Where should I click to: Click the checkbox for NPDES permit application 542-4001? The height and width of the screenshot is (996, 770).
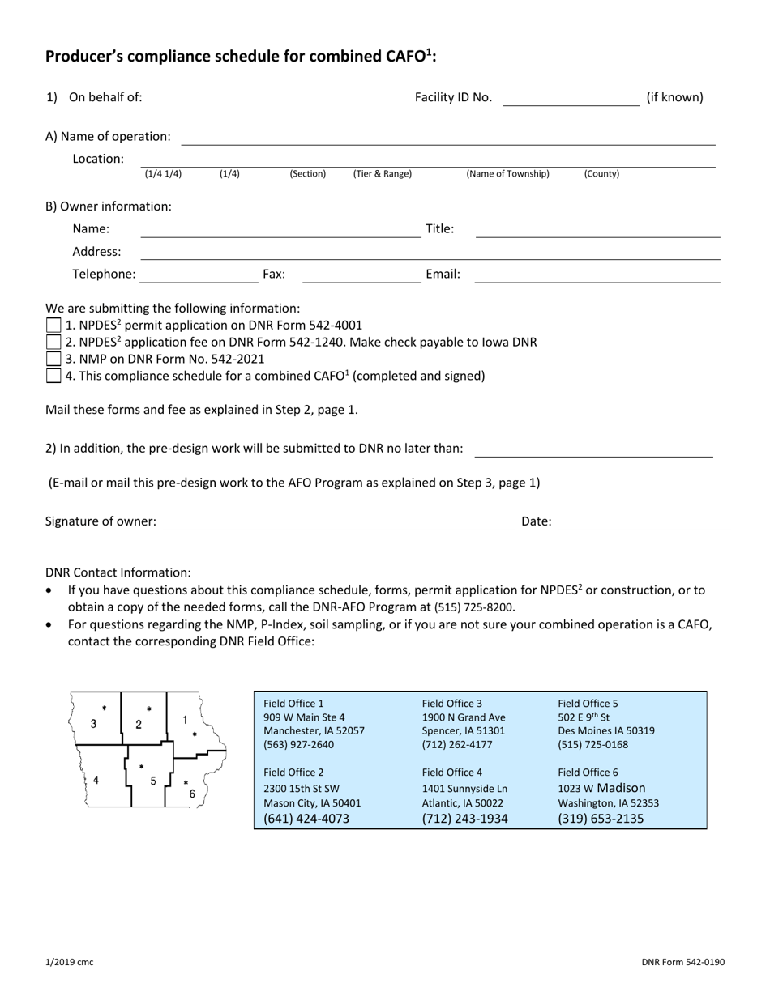tap(53, 326)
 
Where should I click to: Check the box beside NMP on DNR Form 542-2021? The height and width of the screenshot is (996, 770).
tap(53, 359)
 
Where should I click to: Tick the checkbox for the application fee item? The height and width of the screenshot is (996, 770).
tap(53, 343)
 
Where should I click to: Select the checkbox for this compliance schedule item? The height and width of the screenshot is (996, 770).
tap(53, 376)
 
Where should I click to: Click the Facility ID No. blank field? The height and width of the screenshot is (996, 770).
tap(571, 98)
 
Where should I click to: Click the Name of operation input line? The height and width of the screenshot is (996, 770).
tap(447, 138)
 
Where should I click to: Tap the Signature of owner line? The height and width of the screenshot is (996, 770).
tap(339, 522)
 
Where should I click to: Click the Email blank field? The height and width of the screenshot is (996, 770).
tap(597, 275)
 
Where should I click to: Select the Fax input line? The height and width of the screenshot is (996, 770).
tap(361, 275)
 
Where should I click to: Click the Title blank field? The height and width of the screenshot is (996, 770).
tap(597, 229)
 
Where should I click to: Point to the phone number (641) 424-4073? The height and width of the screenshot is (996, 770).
tap(306, 819)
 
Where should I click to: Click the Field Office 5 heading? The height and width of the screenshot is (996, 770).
tap(588, 704)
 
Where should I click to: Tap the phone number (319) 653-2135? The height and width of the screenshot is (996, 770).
tap(601, 819)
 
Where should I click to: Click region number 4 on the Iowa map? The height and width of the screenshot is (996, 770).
tap(96, 781)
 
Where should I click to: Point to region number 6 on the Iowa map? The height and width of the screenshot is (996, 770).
tap(192, 794)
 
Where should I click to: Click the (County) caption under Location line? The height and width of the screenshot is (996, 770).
tap(601, 174)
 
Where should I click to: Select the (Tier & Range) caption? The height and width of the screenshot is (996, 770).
tap(382, 174)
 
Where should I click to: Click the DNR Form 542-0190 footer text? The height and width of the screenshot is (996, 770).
tap(682, 962)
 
